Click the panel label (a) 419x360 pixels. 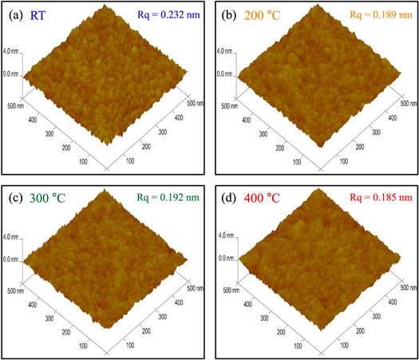16,14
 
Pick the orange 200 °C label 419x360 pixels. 261,14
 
